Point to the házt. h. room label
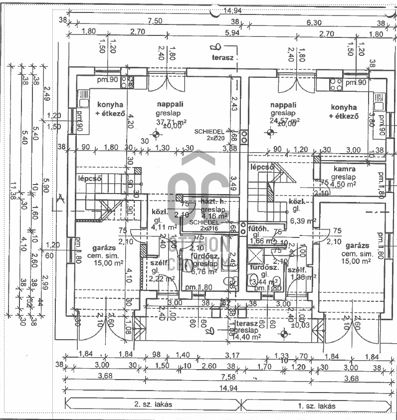pos(214,202)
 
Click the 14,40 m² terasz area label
pos(246,337)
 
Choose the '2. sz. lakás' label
pos(154,405)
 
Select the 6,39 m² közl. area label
pos(300,220)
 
